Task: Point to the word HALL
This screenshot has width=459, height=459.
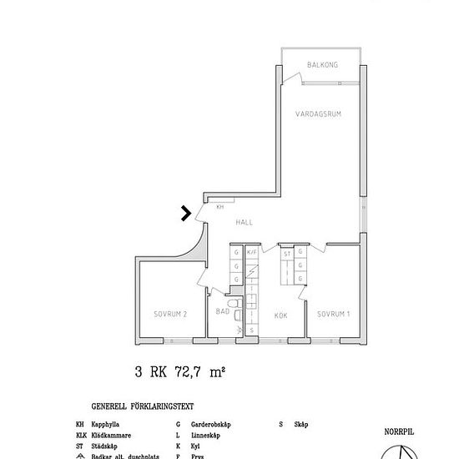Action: pos(244,222)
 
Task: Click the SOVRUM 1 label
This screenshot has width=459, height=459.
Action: pos(333,314)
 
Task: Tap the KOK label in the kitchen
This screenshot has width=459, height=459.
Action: pos(281,315)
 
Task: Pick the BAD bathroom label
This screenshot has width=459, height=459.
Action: pos(222,311)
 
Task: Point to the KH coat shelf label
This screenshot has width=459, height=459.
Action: pos(220,206)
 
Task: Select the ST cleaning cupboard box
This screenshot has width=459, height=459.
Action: pos(287,253)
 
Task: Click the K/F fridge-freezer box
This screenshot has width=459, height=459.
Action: pos(250,252)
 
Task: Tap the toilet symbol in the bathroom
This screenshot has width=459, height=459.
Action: pos(237,315)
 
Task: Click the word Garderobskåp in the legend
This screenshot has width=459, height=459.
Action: pos(210,424)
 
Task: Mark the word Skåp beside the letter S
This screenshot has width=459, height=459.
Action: pos(302,424)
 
